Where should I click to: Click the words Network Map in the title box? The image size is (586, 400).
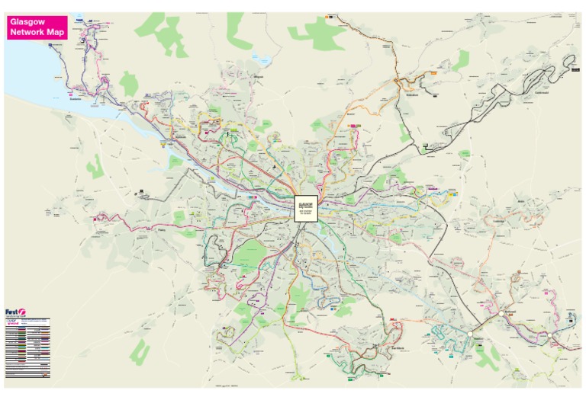(x=37, y=33)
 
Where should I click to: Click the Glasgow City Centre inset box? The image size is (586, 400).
(x=306, y=208)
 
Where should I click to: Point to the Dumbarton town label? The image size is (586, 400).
(x=75, y=98)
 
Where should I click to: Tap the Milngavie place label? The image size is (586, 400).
(x=257, y=76)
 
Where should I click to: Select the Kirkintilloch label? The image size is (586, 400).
(x=413, y=95)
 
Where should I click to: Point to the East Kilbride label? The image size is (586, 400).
(x=398, y=347)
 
